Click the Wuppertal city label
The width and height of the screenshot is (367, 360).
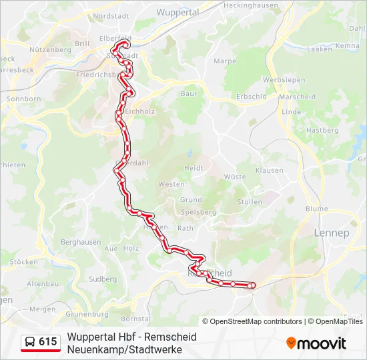(177, 12)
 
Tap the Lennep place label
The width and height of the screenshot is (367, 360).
(331, 233)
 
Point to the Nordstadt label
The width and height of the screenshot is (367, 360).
(111, 15)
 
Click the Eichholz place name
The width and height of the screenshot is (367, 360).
(139, 111)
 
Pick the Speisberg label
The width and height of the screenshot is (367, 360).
(199, 212)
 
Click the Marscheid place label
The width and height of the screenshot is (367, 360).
(298, 97)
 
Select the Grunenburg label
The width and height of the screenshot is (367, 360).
(87, 313)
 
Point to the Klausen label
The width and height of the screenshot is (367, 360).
(269, 171)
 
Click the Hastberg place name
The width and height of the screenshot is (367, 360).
(322, 130)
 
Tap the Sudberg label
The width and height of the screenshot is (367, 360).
(102, 279)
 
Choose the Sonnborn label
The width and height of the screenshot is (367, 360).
(23, 99)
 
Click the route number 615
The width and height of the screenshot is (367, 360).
(48, 342)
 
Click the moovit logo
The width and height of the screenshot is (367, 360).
(316, 343)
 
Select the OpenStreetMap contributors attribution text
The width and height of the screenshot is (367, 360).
(256, 321)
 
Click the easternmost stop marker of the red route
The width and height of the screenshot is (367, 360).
(251, 286)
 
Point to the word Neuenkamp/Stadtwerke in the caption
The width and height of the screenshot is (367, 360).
(124, 349)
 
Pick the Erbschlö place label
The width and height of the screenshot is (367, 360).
(252, 96)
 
